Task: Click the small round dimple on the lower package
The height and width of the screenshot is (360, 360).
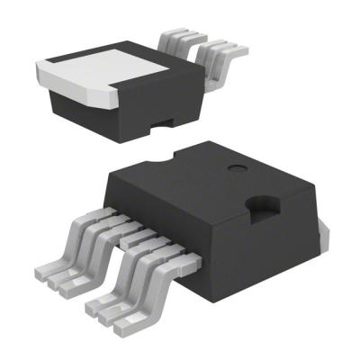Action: (x=237, y=167)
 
